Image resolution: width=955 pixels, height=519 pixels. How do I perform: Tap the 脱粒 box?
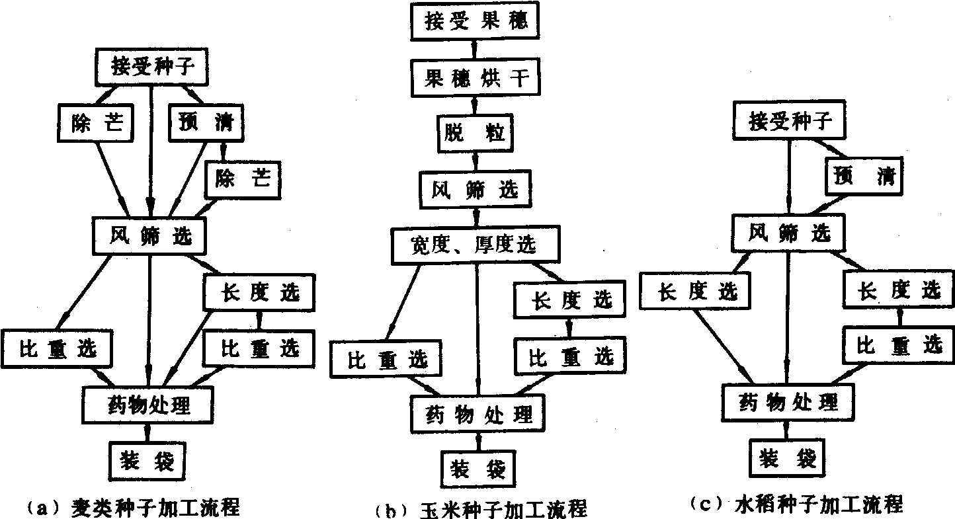(475, 133)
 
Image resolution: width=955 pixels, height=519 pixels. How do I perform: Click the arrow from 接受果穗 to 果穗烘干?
(475, 49)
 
